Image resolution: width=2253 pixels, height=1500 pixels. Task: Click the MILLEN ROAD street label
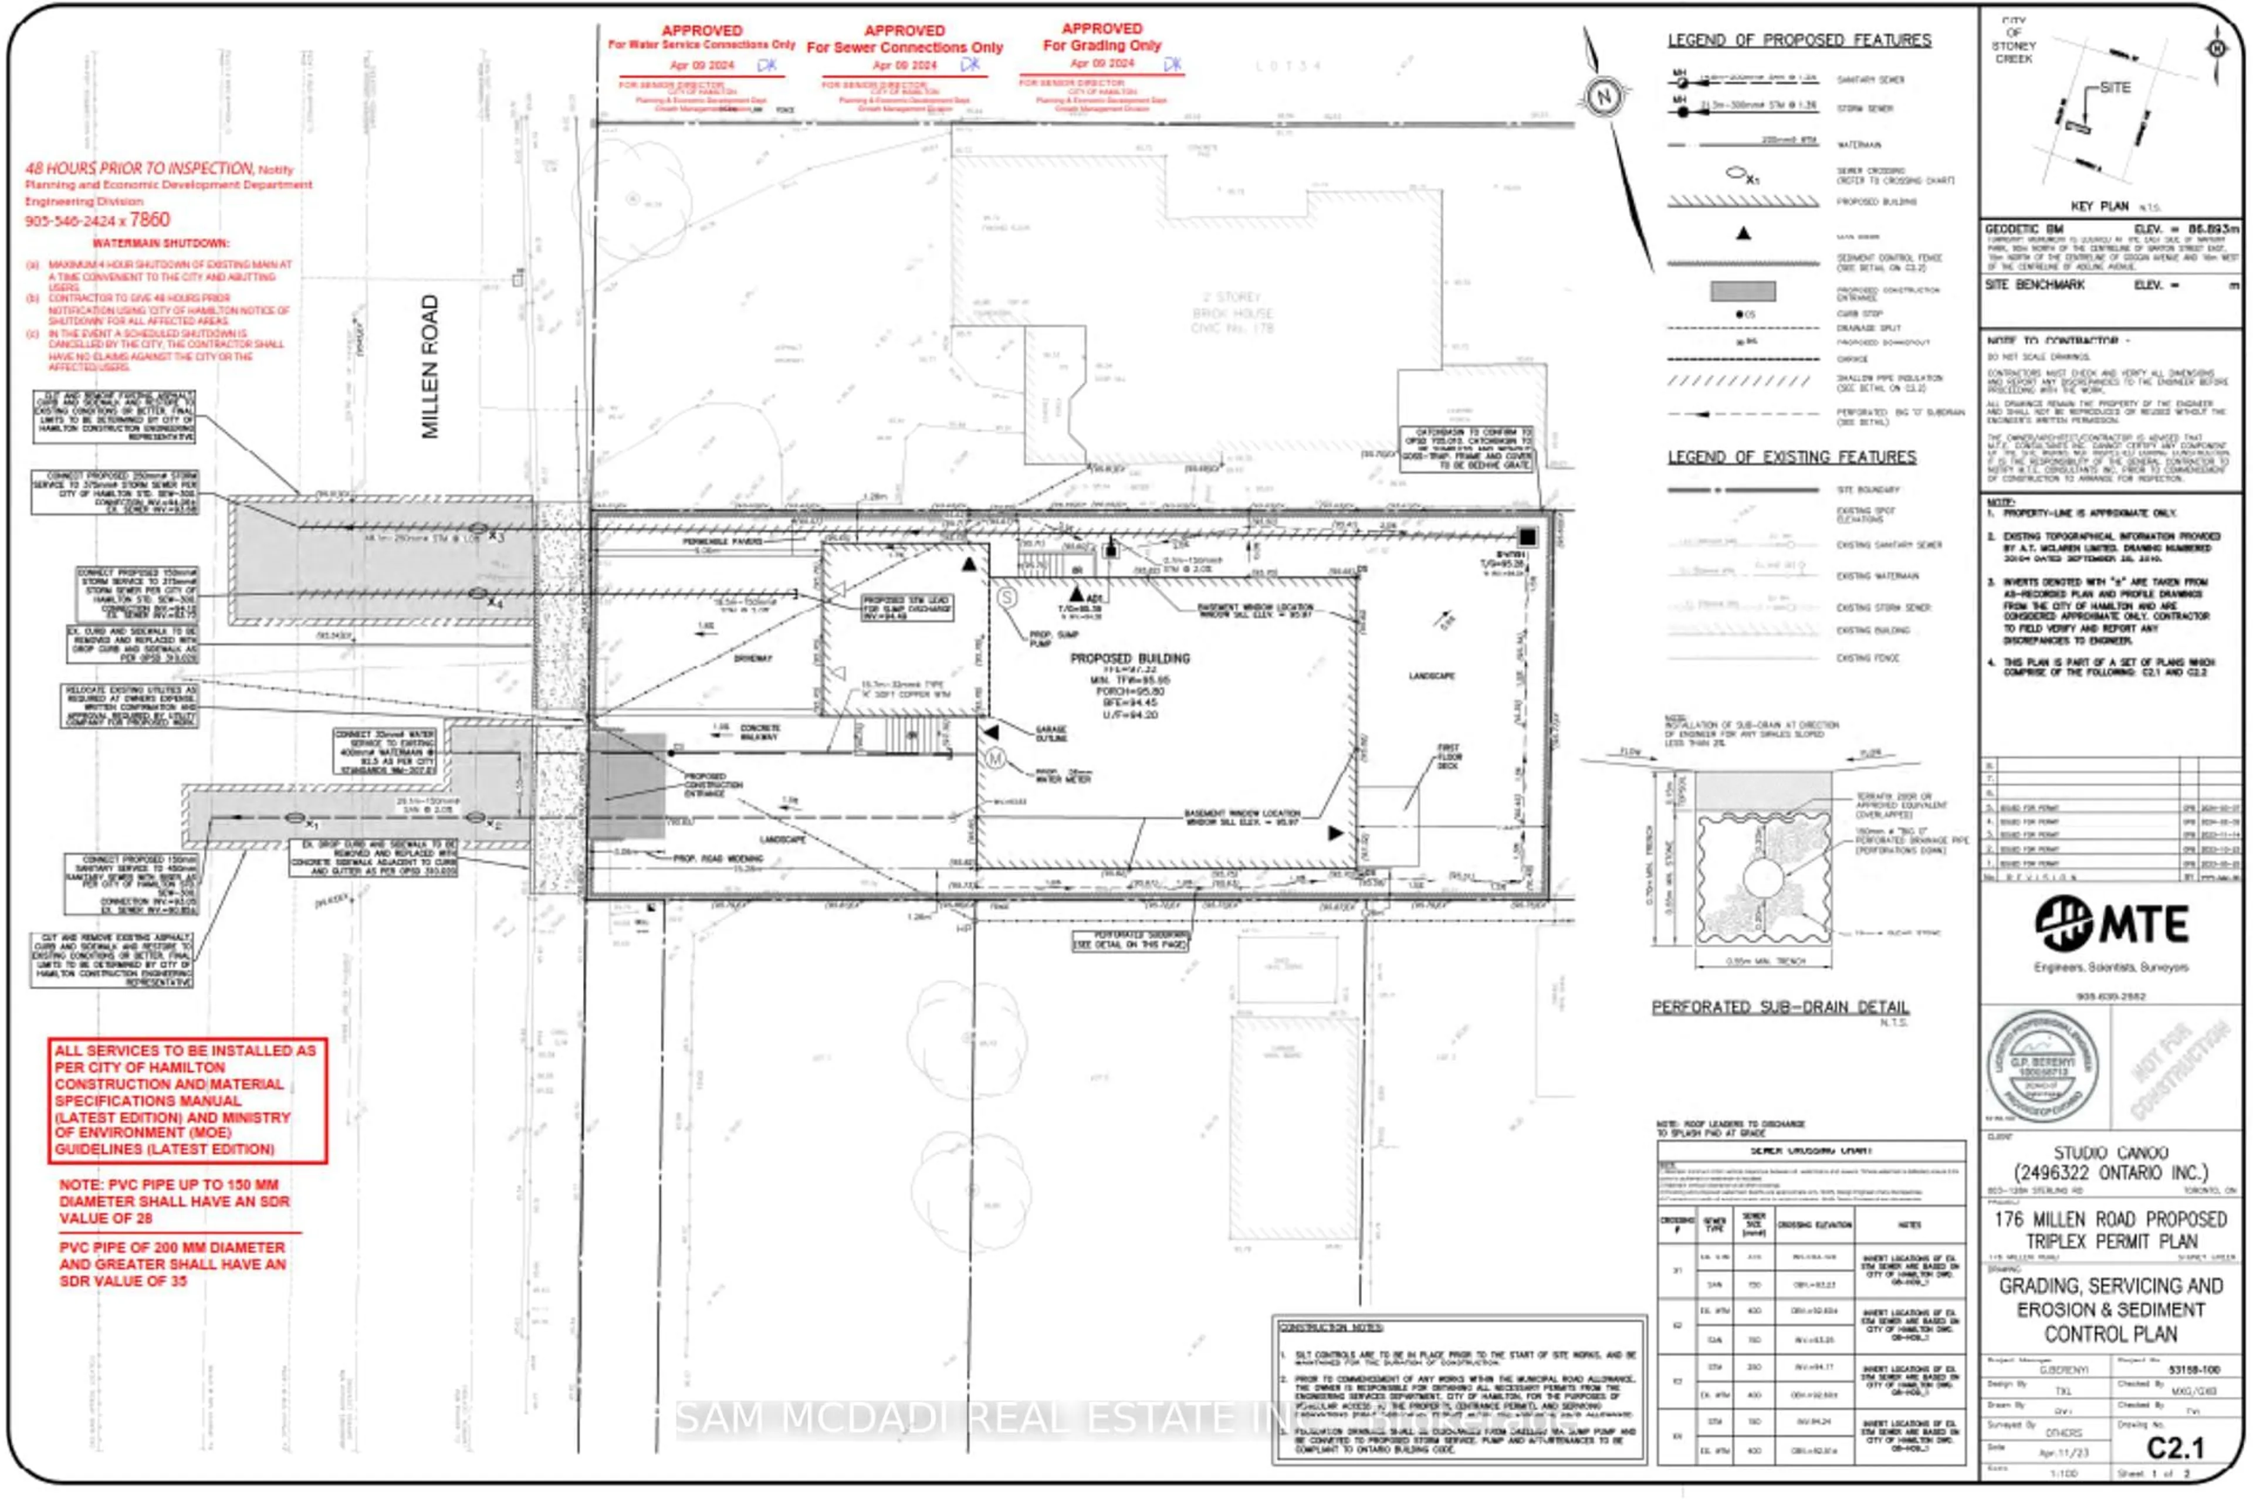coord(429,366)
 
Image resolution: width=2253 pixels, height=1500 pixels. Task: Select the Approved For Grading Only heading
coord(1102,38)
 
